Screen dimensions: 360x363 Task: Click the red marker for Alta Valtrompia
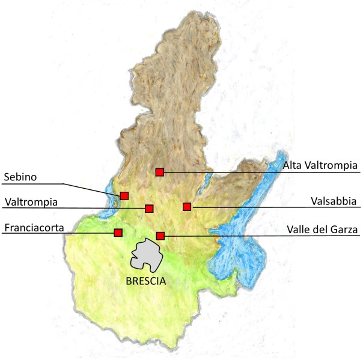(159, 172)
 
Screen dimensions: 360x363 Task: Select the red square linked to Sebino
(124, 195)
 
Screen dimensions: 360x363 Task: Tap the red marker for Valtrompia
(149, 209)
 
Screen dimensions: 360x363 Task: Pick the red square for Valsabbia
(187, 207)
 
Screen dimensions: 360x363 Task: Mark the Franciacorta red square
(118, 233)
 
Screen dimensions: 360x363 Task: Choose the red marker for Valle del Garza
(160, 236)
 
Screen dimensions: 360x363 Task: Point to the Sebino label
(20, 177)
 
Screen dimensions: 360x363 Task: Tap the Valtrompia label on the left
(31, 202)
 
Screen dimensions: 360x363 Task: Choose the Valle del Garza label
(322, 229)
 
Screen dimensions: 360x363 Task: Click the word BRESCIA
(146, 280)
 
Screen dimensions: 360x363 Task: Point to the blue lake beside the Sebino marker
(111, 201)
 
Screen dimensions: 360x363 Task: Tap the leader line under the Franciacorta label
(60, 233)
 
